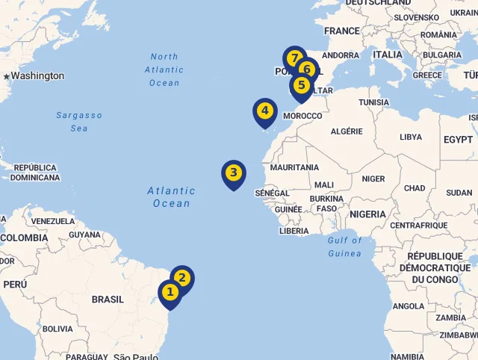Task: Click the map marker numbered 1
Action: (170, 292)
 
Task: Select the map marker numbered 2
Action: (182, 279)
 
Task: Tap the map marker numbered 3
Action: (234, 173)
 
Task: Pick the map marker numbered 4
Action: (264, 111)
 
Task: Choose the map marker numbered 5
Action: (301, 84)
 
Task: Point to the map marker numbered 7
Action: (294, 58)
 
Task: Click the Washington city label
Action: (37, 75)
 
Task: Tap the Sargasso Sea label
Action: (79, 122)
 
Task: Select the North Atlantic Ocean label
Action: (164, 69)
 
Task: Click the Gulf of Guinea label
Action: (344, 246)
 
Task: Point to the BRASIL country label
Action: (108, 299)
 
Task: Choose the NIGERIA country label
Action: (367, 214)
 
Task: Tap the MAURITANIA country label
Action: (294, 167)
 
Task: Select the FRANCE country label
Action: (342, 31)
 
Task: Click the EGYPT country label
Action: (458, 140)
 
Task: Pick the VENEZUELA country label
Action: (53, 221)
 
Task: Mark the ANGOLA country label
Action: (409, 306)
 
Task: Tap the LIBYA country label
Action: (411, 137)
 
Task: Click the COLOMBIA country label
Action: (24, 238)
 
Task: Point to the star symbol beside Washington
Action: (7, 76)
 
